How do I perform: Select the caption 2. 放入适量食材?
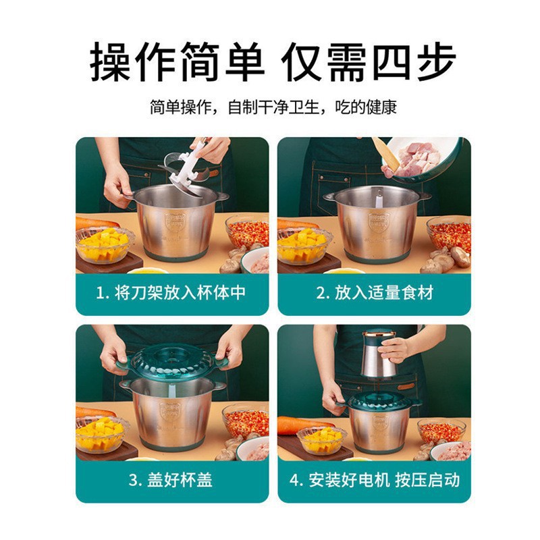(375, 292)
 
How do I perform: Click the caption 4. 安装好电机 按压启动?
(375, 480)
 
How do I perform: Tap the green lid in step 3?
(172, 361)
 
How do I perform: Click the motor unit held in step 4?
(379, 354)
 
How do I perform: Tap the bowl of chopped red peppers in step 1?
(248, 233)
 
